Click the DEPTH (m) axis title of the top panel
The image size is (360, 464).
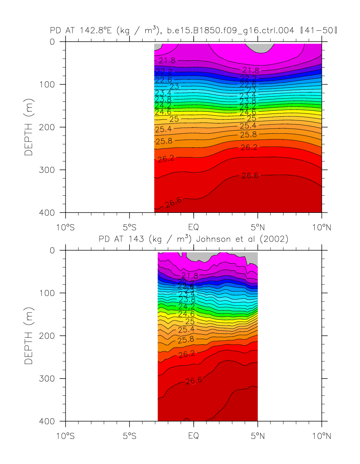point(29,127)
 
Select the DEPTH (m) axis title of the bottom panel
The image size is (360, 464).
point(29,336)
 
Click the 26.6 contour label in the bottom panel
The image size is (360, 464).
point(194,381)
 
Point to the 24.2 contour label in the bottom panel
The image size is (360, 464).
point(187,307)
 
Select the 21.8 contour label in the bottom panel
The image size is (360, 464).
point(190,276)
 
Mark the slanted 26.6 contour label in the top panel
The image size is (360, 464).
point(173,202)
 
